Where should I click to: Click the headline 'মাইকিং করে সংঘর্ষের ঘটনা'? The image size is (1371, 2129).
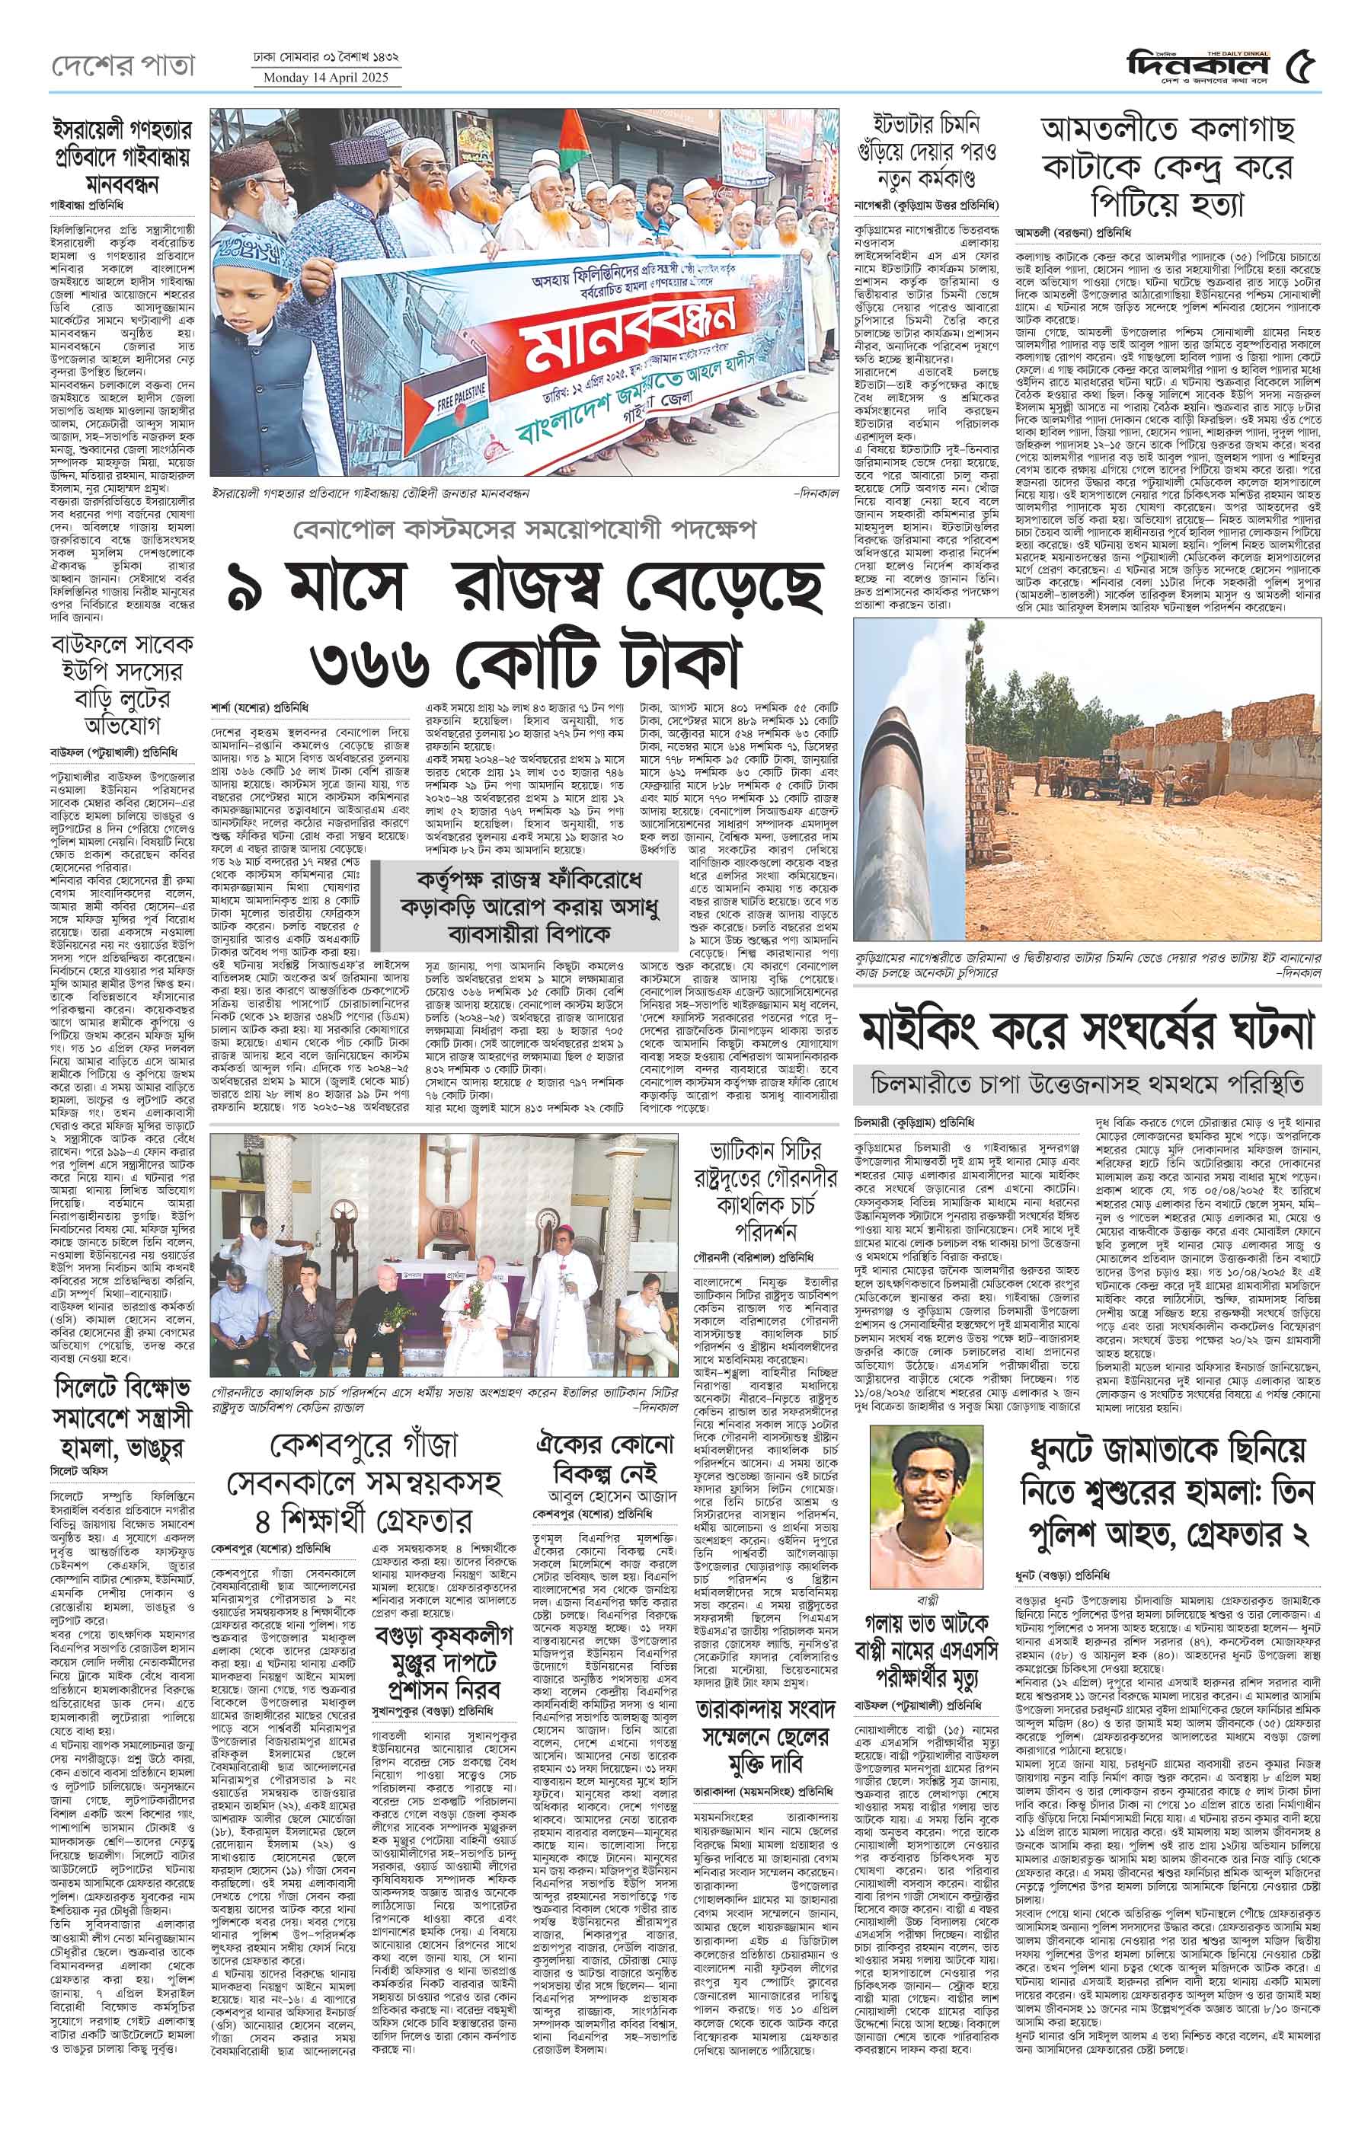(1085, 1031)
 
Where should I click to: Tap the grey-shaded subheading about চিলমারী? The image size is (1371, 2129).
(1087, 1085)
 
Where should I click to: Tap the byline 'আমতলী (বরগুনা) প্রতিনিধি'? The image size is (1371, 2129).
(1072, 234)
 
